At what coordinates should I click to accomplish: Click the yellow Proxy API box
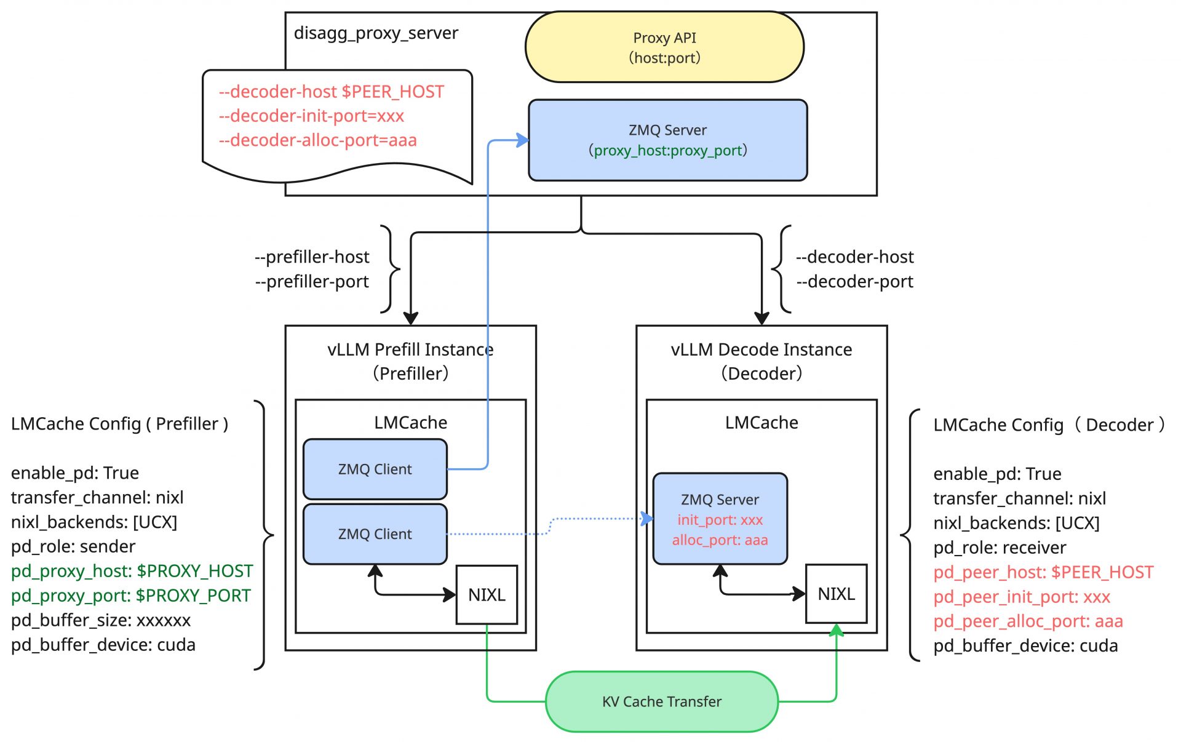pyautogui.click(x=664, y=47)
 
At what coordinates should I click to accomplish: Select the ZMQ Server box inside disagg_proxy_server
pyautogui.click(x=667, y=140)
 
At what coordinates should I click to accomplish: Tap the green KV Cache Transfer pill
pyautogui.click(x=662, y=701)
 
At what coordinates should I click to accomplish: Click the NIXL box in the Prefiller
pyautogui.click(x=487, y=594)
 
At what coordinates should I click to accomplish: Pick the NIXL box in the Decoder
pyautogui.click(x=837, y=594)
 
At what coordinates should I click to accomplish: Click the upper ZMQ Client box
pyautogui.click(x=375, y=469)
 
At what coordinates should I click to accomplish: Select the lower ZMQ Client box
pyautogui.click(x=375, y=534)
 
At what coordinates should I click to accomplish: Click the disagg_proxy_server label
pyautogui.click(x=376, y=33)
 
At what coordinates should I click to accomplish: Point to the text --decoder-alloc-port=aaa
pyautogui.click(x=317, y=140)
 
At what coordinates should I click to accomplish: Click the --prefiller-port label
pyautogui.click(x=312, y=281)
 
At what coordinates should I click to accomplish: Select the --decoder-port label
pyautogui.click(x=854, y=281)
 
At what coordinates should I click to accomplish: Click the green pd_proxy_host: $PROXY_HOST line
pyautogui.click(x=132, y=571)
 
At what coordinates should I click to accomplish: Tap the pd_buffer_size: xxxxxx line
pyautogui.click(x=101, y=620)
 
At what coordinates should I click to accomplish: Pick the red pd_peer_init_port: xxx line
pyautogui.click(x=1022, y=597)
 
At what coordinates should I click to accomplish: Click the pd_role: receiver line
pyautogui.click(x=1000, y=548)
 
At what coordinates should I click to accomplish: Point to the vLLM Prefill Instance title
pyautogui.click(x=410, y=349)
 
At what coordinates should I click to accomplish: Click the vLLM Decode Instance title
pyautogui.click(x=761, y=349)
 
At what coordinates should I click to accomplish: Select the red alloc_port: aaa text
pyautogui.click(x=720, y=540)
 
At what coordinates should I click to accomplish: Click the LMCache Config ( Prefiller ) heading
pyautogui.click(x=119, y=424)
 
